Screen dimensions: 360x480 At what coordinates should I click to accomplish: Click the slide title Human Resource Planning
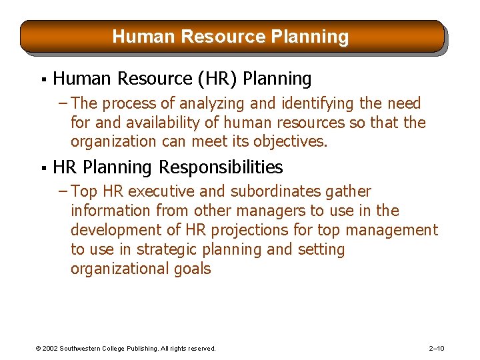pos(230,36)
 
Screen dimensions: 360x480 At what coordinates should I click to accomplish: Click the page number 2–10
pos(437,348)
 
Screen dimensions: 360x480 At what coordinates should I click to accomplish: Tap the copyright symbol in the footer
pos(38,348)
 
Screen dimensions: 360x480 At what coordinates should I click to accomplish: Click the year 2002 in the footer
pos(51,348)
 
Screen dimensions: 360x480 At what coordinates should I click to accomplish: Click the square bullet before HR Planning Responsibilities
pos(42,168)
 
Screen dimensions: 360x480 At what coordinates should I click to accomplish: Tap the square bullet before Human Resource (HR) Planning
pos(42,80)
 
